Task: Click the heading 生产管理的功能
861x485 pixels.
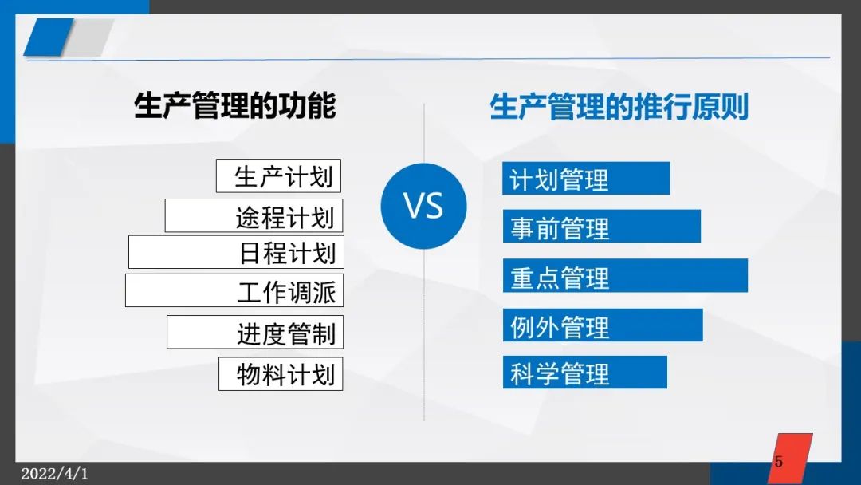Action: [234, 105]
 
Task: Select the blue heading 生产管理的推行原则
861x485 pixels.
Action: [619, 107]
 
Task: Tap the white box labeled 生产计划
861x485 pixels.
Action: [278, 175]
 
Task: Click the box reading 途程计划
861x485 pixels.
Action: [254, 216]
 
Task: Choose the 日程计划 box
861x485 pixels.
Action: [236, 252]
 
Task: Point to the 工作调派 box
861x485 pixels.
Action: [234, 290]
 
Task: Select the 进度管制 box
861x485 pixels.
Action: [255, 333]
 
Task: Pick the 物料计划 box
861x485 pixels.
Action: [281, 374]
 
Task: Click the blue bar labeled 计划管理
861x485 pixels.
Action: [586, 178]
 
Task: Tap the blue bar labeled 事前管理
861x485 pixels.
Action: [602, 226]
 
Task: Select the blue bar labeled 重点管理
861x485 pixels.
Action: [626, 275]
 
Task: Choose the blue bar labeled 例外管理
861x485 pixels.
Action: [603, 325]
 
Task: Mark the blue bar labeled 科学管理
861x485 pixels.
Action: [585, 373]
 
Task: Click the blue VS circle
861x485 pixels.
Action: [423, 206]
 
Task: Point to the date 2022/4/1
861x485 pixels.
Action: [54, 474]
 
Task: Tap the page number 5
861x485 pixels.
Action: [779, 461]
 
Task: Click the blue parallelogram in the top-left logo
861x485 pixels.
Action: [49, 37]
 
